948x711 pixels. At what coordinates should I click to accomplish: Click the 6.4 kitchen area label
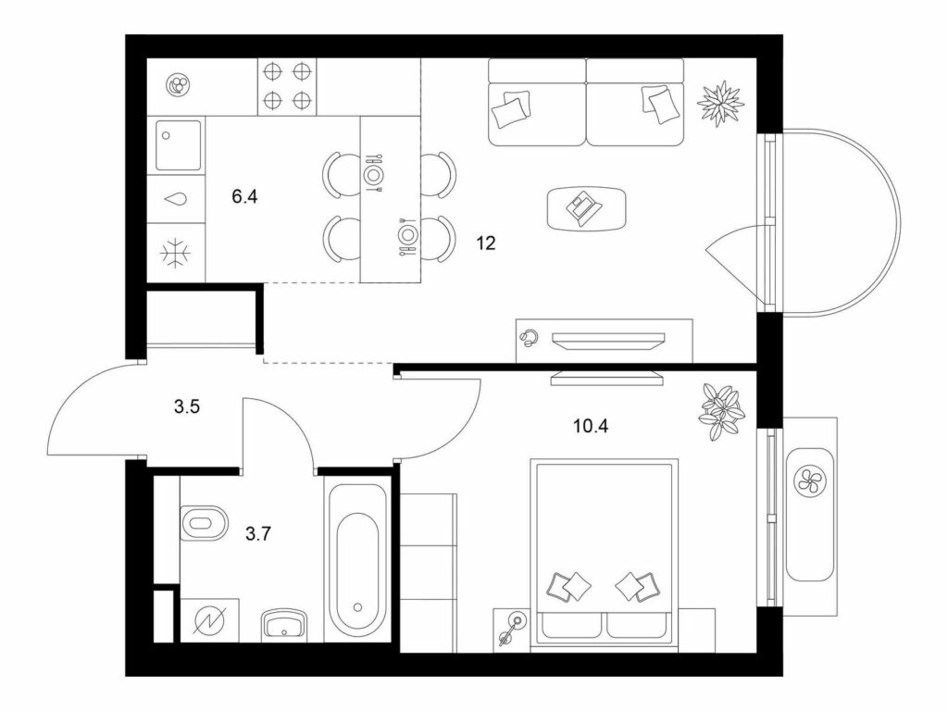pos(244,196)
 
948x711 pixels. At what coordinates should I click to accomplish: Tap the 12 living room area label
pos(485,243)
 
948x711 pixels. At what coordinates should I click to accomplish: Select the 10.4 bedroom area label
pos(591,426)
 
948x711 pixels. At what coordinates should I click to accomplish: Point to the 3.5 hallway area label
pos(187,407)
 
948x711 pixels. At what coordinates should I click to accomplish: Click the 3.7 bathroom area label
pos(258,533)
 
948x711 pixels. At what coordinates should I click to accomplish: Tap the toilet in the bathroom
pos(203,523)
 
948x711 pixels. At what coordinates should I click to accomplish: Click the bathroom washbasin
pos(284,623)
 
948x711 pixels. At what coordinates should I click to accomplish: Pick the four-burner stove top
pos(287,86)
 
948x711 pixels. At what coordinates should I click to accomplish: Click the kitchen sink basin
pos(179,145)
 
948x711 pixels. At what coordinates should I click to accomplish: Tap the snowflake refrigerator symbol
pos(176,253)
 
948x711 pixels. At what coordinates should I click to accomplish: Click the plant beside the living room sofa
pos(720,104)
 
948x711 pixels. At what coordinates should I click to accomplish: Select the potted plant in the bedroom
pos(721,412)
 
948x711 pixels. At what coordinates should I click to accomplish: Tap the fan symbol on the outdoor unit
pos(809,480)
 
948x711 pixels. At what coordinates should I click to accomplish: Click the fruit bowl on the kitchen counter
pos(180,84)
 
